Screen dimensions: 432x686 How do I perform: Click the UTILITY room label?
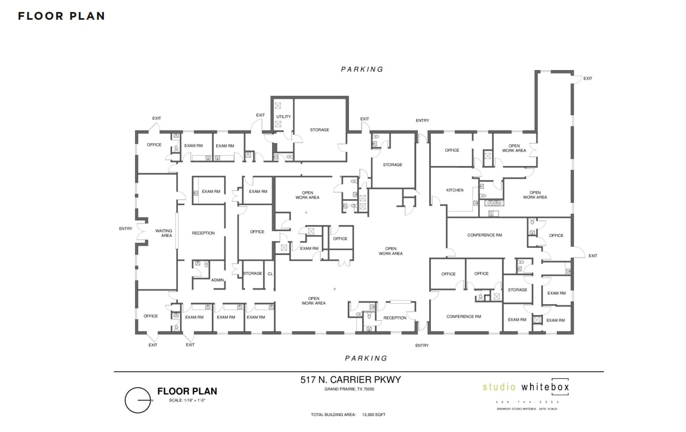tap(284, 117)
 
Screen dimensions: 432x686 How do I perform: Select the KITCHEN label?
tap(454, 190)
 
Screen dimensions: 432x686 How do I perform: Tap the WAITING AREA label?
tap(164, 233)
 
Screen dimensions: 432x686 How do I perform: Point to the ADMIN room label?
tap(217, 280)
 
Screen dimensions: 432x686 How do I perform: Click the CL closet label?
tap(270, 274)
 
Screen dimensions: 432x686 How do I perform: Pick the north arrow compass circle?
tap(137, 400)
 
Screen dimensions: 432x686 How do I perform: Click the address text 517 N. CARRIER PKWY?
tap(354, 380)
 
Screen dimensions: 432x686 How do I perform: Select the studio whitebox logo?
tap(526, 387)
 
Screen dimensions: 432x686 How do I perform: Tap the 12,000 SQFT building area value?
tap(373, 414)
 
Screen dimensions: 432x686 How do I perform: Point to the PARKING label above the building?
tap(362, 70)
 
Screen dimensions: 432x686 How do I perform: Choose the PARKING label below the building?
tap(366, 358)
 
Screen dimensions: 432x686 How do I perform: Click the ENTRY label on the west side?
tap(125, 229)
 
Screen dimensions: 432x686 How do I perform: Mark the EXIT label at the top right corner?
tap(587, 78)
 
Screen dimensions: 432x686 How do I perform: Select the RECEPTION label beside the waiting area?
tap(203, 233)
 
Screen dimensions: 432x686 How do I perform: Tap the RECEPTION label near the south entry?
tap(395, 318)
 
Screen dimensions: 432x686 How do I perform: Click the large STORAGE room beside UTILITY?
tap(319, 130)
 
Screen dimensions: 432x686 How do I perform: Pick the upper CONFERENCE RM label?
tap(485, 235)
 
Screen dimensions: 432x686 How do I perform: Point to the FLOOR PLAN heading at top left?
tap(61, 16)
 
